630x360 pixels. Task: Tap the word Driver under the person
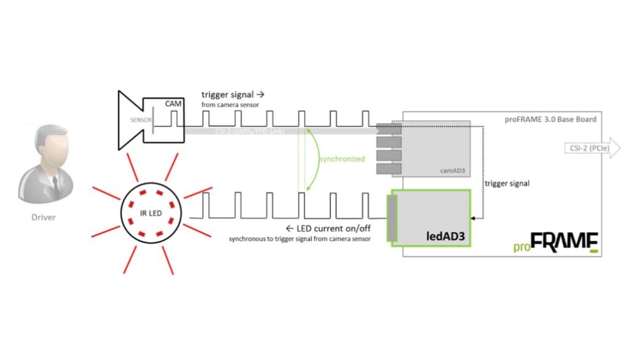tap(43, 217)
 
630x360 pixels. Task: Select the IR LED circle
tap(150, 212)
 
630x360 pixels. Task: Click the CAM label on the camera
tap(173, 104)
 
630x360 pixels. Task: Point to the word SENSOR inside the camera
tap(140, 120)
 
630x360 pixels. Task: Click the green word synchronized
tap(341, 159)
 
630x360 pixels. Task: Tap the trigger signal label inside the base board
tap(507, 183)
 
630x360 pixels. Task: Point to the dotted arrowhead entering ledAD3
tap(473, 217)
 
